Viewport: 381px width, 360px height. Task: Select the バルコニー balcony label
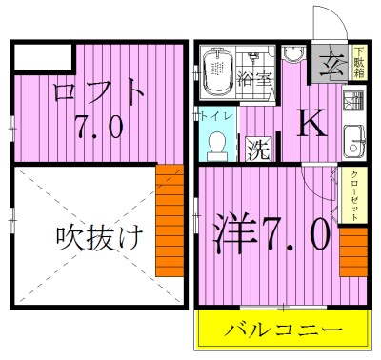(x=283, y=332)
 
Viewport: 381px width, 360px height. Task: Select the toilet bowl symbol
(x=217, y=144)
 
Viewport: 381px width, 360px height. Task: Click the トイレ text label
(x=218, y=116)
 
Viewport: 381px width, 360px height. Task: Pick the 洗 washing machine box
(x=257, y=149)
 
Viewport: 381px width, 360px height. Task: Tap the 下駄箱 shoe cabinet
(x=360, y=64)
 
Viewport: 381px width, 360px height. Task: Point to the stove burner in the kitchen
(x=354, y=102)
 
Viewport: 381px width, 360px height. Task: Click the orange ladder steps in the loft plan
(x=169, y=219)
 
